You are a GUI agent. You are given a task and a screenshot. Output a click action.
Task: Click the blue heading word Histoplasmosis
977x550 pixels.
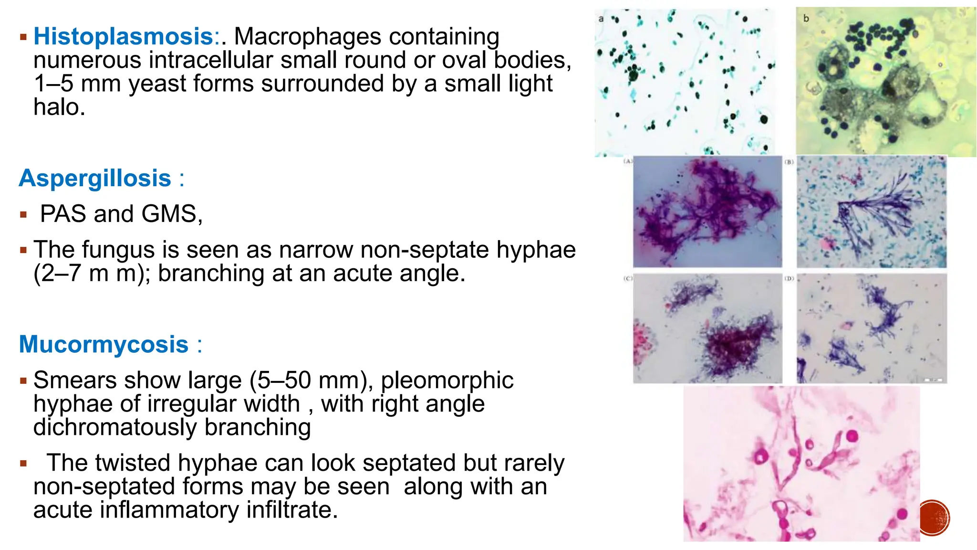pyautogui.click(x=123, y=36)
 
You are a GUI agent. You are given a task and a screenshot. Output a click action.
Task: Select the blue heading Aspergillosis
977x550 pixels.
pyautogui.click(x=95, y=179)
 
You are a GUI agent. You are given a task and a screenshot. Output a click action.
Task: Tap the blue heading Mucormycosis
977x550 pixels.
pyautogui.click(x=104, y=344)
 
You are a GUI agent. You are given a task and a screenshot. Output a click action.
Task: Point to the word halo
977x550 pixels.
pyautogui.click(x=59, y=107)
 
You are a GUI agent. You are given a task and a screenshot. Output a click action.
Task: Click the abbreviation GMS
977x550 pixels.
pyautogui.click(x=172, y=213)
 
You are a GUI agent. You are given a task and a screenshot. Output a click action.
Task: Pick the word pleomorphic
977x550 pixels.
pyautogui.click(x=447, y=381)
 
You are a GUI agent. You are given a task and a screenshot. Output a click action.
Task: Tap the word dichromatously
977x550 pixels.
pyautogui.click(x=115, y=427)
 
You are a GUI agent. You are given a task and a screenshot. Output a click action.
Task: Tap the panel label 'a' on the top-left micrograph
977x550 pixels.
pyautogui.click(x=601, y=19)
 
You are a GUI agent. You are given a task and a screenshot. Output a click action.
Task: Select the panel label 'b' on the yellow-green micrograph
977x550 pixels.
pyautogui.click(x=806, y=19)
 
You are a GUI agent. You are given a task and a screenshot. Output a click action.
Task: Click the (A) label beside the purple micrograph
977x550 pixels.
pyautogui.click(x=628, y=161)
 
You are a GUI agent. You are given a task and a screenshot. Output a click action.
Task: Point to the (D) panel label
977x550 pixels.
pyautogui.click(x=790, y=278)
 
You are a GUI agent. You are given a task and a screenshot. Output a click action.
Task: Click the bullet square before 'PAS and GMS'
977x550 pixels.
pyautogui.click(x=23, y=214)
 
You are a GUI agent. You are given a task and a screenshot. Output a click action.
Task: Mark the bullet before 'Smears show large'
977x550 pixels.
pyautogui.click(x=23, y=381)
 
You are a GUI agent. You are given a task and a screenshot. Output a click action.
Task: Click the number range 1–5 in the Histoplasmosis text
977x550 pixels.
pyautogui.click(x=53, y=84)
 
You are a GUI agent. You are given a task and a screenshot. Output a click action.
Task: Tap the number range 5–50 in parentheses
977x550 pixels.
pyautogui.click(x=284, y=381)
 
